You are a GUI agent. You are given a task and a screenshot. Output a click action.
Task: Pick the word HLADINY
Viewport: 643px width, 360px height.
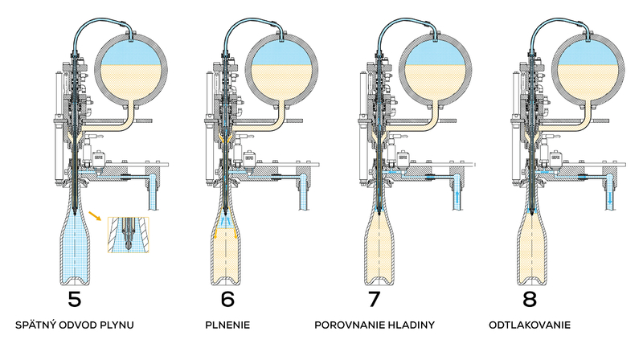click(412, 327)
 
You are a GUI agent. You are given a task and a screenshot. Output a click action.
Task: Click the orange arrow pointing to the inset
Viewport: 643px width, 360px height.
click(96, 215)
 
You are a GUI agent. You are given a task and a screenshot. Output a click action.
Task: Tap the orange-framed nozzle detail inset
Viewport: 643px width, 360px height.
click(128, 234)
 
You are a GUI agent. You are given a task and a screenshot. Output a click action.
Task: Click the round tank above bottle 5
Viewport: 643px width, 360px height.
click(131, 72)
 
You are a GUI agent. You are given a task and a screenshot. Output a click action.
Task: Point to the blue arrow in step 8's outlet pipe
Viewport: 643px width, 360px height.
click(610, 196)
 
